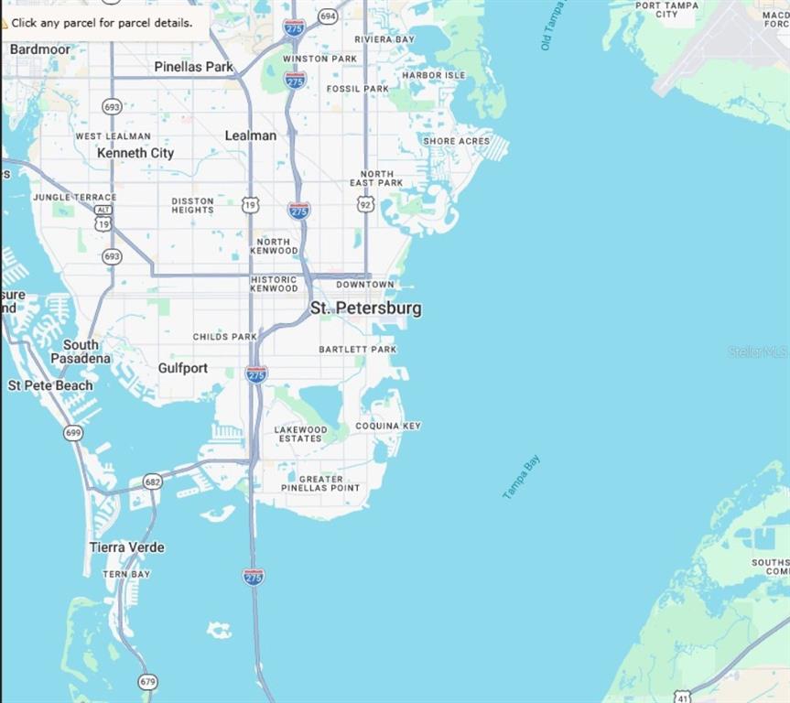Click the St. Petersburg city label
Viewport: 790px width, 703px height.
366,308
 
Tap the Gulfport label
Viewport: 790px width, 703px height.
183,368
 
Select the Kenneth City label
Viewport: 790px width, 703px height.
135,153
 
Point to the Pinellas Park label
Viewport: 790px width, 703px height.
194,67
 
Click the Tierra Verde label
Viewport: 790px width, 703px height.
127,547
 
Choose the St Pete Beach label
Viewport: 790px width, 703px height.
50,385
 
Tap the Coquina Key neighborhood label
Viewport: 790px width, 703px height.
388,426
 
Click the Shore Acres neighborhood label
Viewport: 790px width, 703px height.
456,141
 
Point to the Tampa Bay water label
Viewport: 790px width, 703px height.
522,477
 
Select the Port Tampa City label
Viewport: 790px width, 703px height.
667,9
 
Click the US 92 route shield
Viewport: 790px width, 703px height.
366,204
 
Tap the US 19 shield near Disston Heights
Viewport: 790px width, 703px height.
251,206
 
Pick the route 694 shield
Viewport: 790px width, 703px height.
328,16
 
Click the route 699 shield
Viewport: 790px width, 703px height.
74,432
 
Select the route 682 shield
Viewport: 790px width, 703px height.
153,481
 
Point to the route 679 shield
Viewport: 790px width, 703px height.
148,682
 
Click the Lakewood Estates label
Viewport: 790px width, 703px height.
301,434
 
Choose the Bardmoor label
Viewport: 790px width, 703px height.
39,49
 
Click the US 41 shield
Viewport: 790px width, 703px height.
683,697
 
